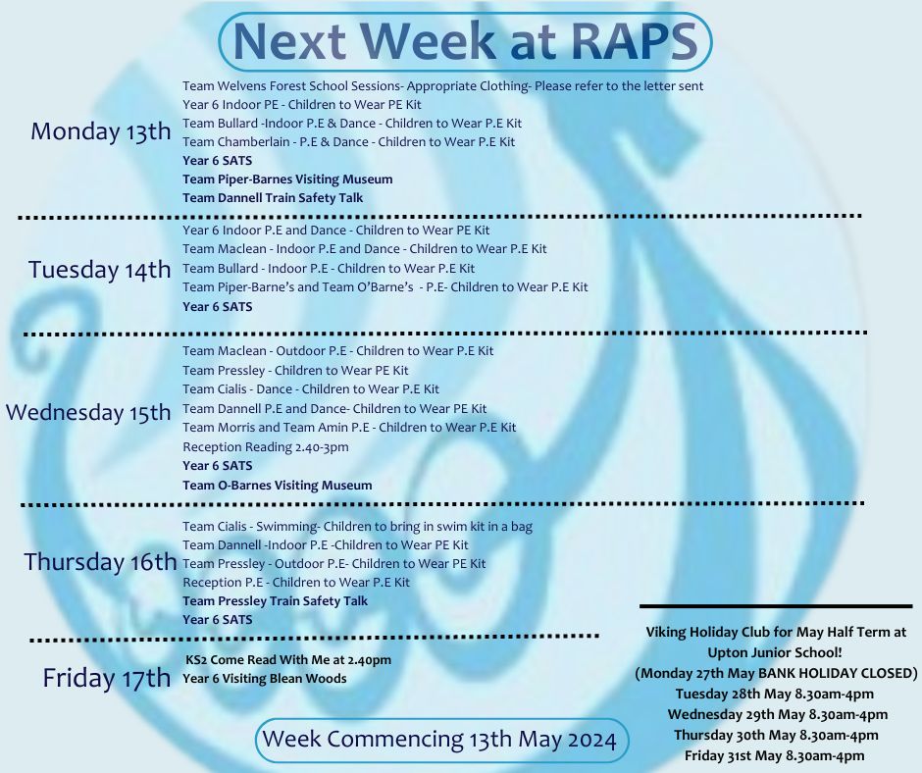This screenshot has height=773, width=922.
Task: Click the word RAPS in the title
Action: (634, 41)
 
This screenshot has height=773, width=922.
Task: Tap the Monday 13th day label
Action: (101, 130)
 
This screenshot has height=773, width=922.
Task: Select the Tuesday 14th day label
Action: (99, 270)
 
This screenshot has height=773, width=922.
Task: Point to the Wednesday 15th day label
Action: (88, 412)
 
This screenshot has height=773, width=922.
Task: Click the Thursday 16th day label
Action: (100, 562)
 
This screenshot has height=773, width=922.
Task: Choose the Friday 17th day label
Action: (107, 678)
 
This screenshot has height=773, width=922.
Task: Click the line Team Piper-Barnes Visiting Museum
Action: (287, 180)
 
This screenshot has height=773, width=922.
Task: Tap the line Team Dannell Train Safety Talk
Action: (273, 197)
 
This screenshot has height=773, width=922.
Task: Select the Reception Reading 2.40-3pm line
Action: (265, 447)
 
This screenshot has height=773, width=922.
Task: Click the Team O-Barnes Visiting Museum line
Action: (277, 486)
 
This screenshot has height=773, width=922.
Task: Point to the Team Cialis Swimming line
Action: (357, 527)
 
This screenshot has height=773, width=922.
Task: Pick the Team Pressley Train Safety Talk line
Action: (276, 600)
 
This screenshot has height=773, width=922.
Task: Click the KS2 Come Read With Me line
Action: (288, 660)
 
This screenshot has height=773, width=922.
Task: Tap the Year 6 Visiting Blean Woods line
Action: (265, 679)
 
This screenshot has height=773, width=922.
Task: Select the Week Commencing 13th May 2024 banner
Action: (442, 740)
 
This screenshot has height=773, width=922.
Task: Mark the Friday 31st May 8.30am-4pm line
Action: (775, 756)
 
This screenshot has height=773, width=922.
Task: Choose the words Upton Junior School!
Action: (775, 652)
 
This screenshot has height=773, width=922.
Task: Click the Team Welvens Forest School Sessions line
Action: (442, 86)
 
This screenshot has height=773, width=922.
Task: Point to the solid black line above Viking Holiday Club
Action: (776, 605)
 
